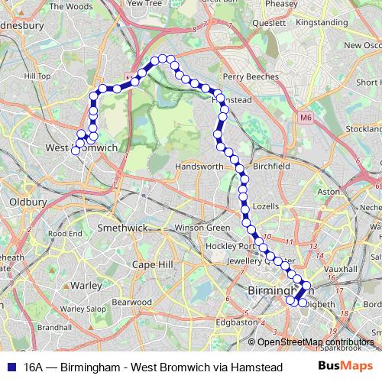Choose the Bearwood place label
pyautogui.click(x=133, y=302)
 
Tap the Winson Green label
pyautogui.click(x=202, y=228)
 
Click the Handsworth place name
pyautogui.click(x=199, y=167)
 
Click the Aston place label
pyautogui.click(x=328, y=191)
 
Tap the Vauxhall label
pyautogui.click(x=335, y=270)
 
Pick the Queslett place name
pyautogui.click(x=267, y=23)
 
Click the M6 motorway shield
pyautogui.click(x=306, y=118)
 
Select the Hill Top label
pyautogui.click(x=37, y=76)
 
